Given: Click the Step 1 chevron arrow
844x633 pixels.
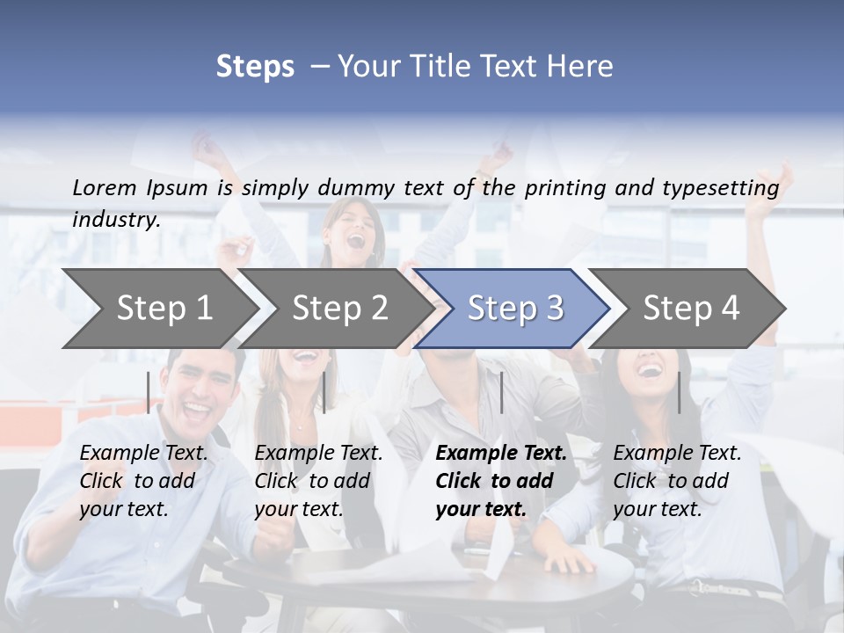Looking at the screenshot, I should click(x=164, y=309).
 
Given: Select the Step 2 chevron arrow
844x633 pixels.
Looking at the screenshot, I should click(x=339, y=309).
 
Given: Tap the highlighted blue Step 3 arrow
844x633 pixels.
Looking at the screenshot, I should click(x=514, y=309).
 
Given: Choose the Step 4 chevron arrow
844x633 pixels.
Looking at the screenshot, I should click(x=691, y=309).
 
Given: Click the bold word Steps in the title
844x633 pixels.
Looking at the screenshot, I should click(x=255, y=66).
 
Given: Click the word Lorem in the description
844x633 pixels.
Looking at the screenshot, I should click(x=105, y=187).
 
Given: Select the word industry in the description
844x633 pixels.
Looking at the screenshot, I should click(x=116, y=220).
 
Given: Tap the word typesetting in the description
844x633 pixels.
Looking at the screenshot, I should click(x=720, y=187).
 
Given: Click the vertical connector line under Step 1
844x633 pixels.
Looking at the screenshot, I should click(x=149, y=392).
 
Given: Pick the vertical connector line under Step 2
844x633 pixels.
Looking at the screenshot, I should click(x=324, y=392).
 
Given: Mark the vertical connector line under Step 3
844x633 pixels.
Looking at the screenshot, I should click(x=501, y=392).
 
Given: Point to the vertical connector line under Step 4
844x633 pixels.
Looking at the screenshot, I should click(x=679, y=392).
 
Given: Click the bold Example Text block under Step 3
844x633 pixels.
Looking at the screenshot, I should click(x=501, y=481).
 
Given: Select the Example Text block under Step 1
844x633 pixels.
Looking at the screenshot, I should click(x=143, y=481).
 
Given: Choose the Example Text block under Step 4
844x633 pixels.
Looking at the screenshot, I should click(x=677, y=481).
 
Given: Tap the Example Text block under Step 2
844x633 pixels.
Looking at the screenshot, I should click(x=318, y=481).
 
